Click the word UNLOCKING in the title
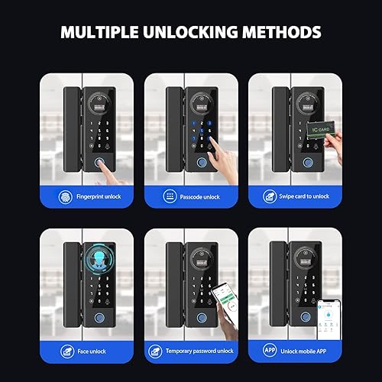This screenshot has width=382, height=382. point(185,34)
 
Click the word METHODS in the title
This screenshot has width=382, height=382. point(278,34)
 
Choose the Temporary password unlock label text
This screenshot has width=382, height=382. point(200,351)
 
